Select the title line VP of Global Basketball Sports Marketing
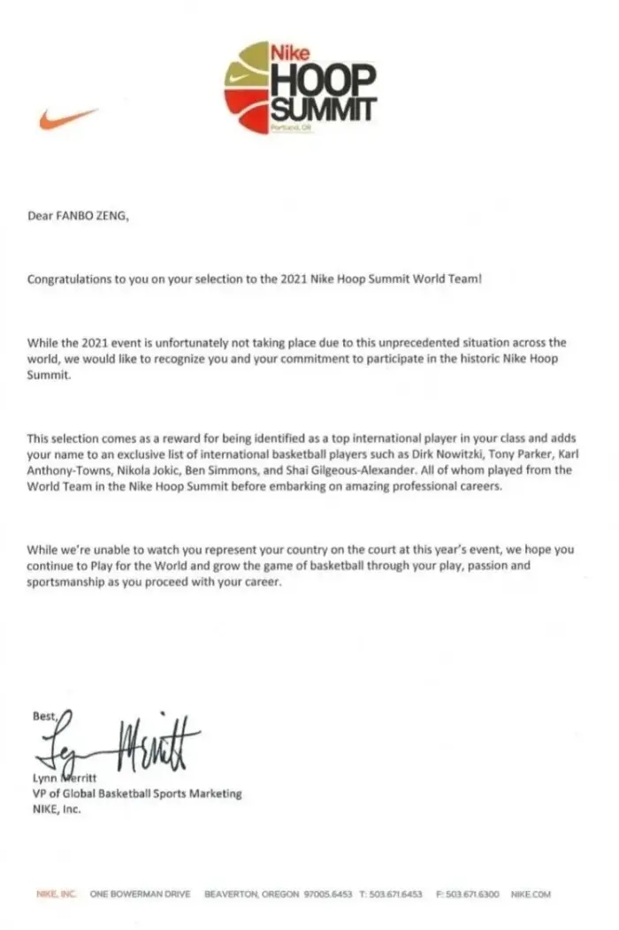134,794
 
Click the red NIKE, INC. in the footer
56,895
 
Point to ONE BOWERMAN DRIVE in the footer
140,895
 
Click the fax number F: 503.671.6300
468,895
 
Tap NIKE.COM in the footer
531,895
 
